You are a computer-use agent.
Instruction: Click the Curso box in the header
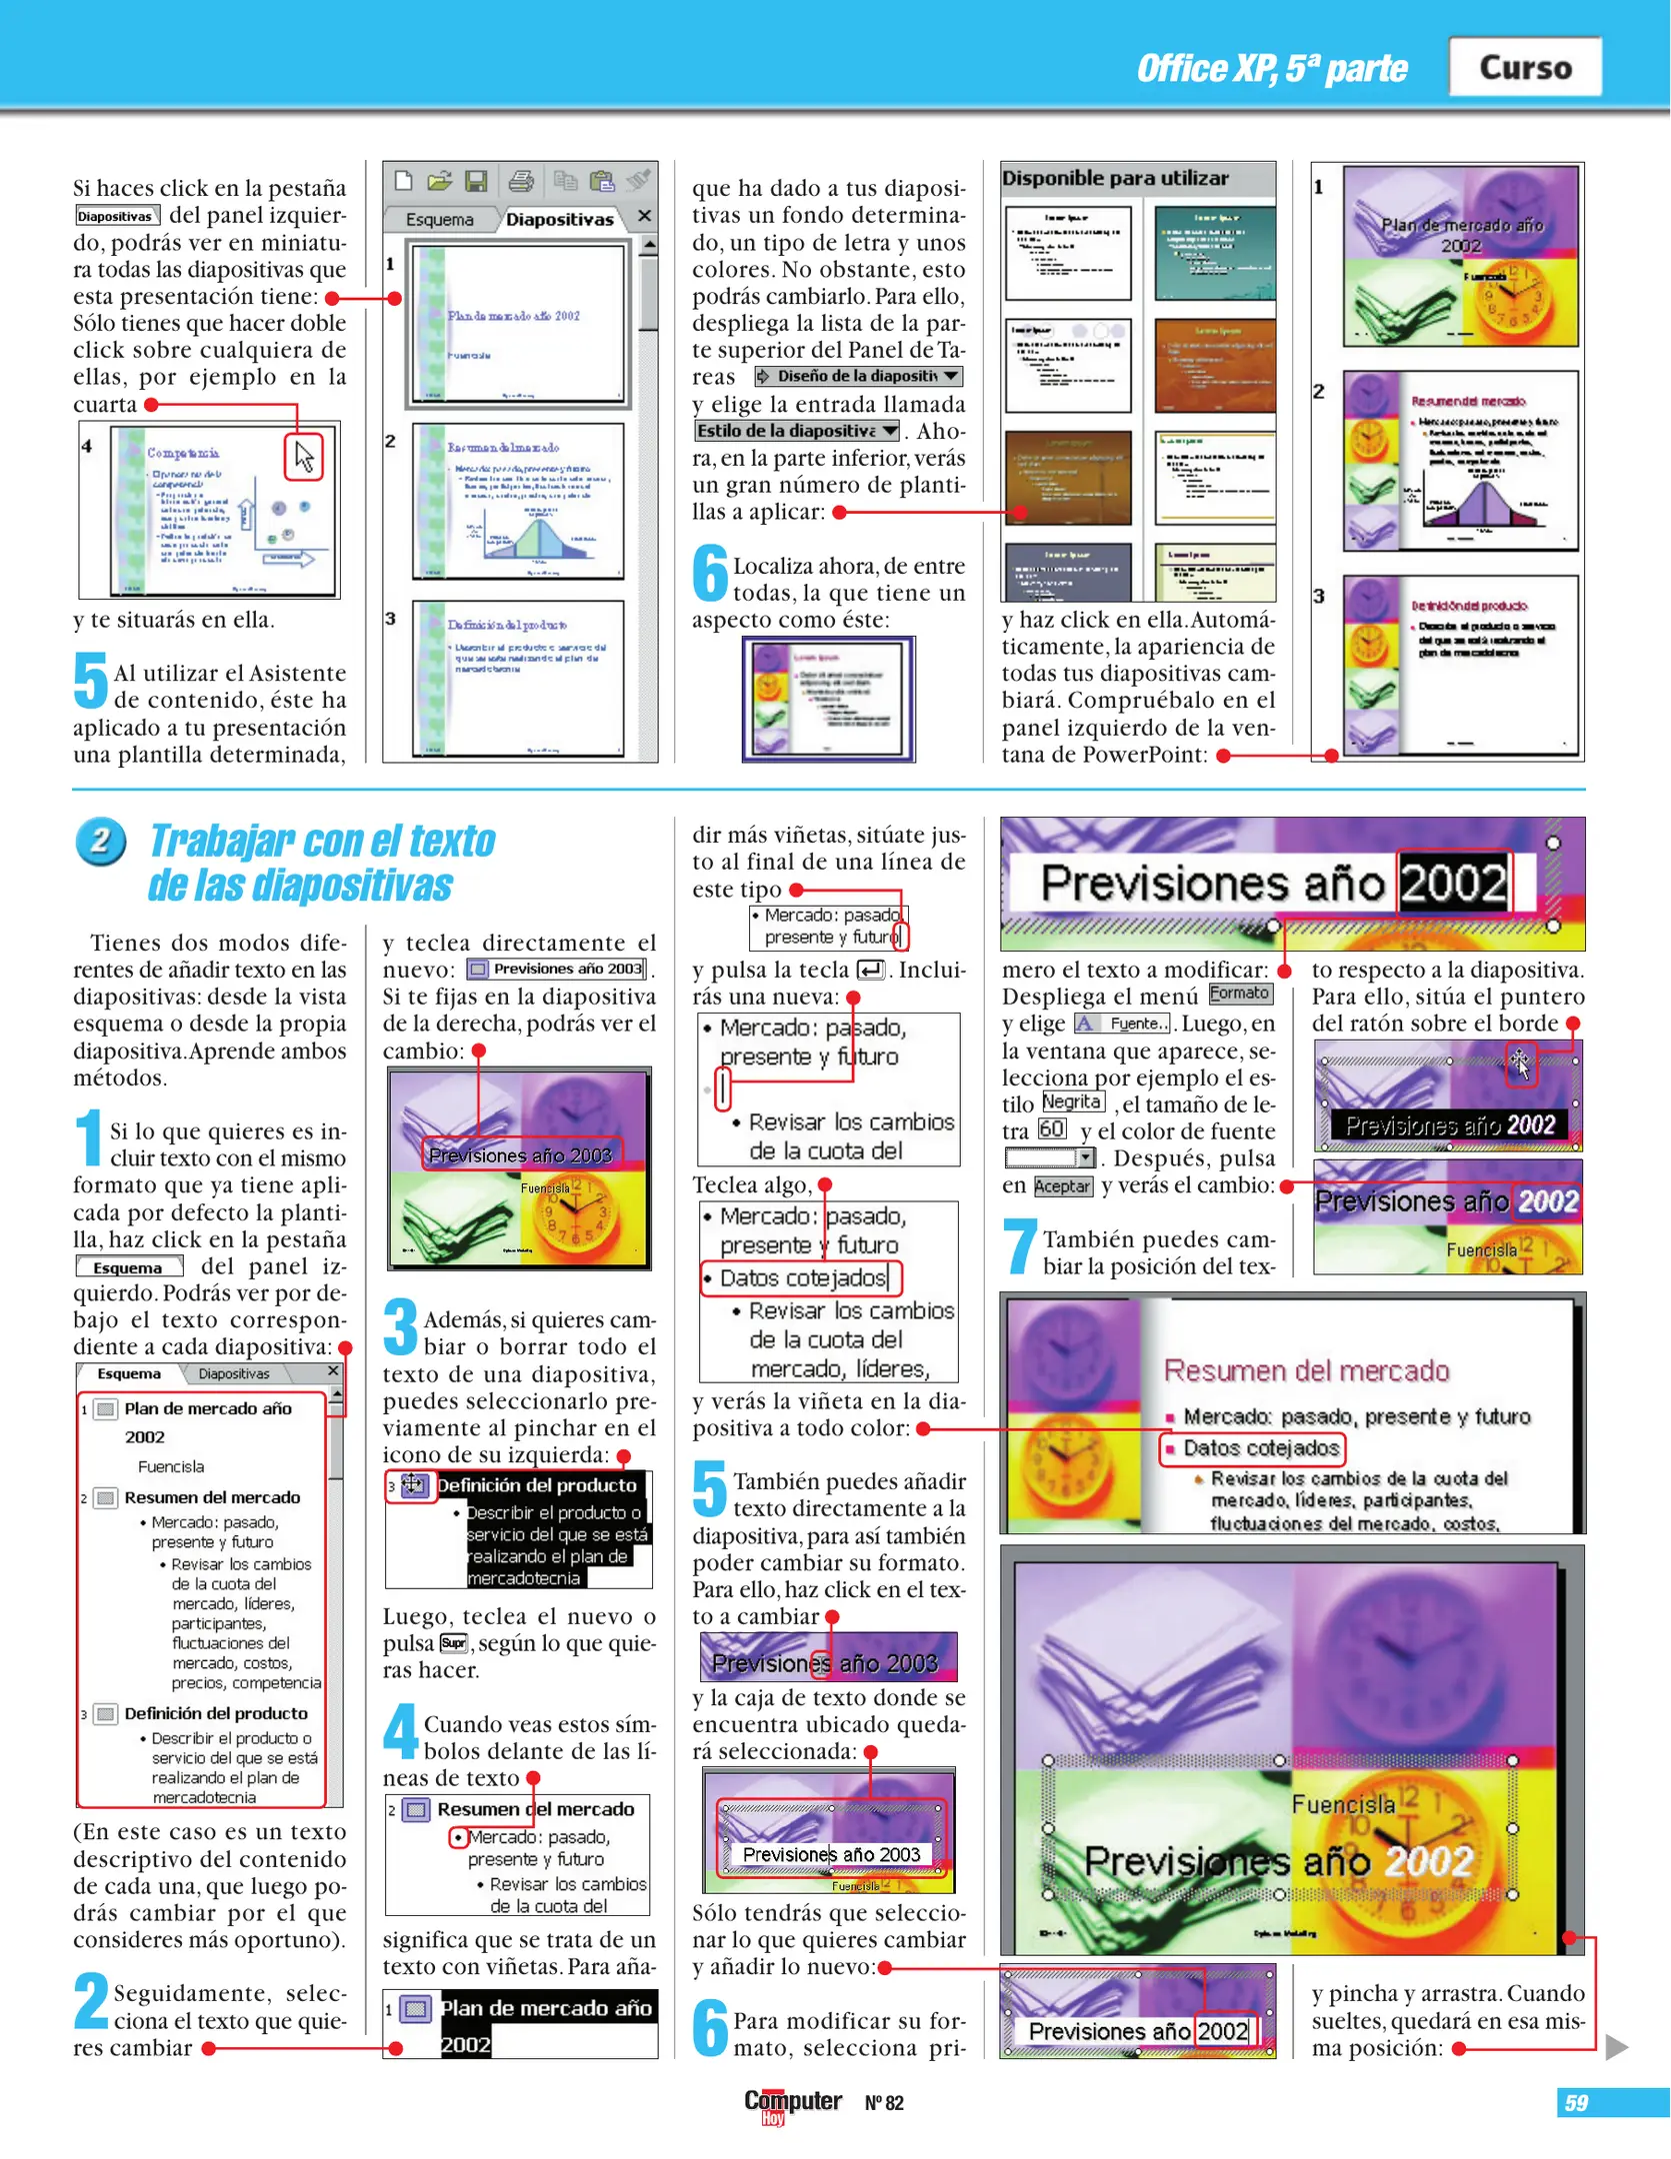[1524, 67]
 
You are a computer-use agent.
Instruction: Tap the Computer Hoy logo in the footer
[791, 2103]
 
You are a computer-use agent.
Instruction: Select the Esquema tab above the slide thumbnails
[439, 219]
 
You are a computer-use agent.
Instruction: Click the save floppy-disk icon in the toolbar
[476, 181]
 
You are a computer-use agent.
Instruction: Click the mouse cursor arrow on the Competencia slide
[304, 457]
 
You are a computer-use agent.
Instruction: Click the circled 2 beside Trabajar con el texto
[100, 842]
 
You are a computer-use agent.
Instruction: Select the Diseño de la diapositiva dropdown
[858, 376]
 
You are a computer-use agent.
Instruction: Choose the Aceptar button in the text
[1062, 1186]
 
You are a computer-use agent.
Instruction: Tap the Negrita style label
[1072, 1101]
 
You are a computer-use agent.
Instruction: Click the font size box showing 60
[1051, 1128]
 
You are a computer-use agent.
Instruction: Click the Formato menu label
[1239, 993]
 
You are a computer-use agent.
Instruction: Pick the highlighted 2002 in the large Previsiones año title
[1452, 883]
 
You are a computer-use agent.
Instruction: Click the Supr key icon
[453, 1643]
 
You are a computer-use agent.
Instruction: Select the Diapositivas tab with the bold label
[559, 219]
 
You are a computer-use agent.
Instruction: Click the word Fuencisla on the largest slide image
[1342, 1804]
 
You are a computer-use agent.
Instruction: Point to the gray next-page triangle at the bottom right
[1616, 2048]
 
